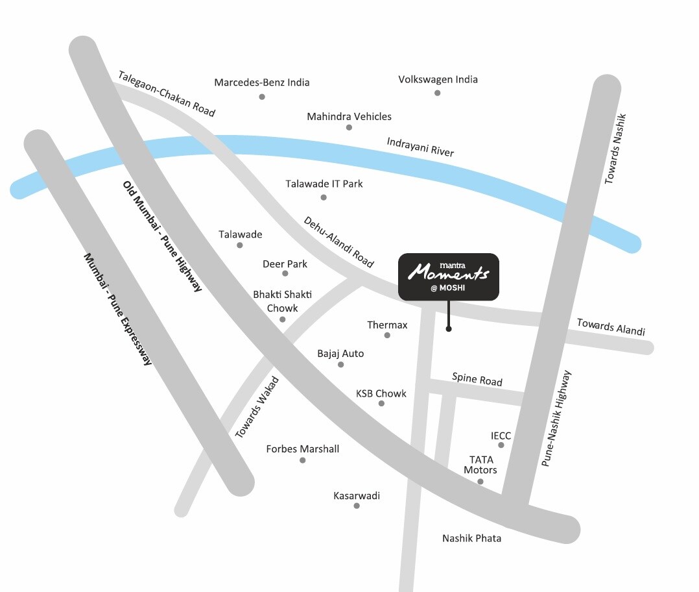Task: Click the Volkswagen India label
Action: click(438, 80)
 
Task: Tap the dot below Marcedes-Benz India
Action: click(262, 97)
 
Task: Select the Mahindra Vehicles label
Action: click(349, 117)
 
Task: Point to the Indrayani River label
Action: click(420, 147)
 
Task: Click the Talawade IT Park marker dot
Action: click(324, 197)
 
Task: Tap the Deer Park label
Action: click(285, 264)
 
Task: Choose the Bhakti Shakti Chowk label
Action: click(282, 301)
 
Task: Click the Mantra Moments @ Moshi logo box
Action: click(449, 277)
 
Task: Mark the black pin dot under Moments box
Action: click(449, 329)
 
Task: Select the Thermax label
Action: click(387, 325)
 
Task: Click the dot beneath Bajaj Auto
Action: click(340, 365)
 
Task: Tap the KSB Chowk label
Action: click(381, 393)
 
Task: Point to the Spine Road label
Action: click(477, 379)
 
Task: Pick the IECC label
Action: click(501, 436)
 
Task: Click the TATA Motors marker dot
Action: click(480, 482)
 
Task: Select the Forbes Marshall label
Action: click(302, 449)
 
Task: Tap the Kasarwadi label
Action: click(357, 496)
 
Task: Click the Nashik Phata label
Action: click(471, 538)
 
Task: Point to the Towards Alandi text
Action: click(611, 327)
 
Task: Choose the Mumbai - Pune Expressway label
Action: click(117, 308)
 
